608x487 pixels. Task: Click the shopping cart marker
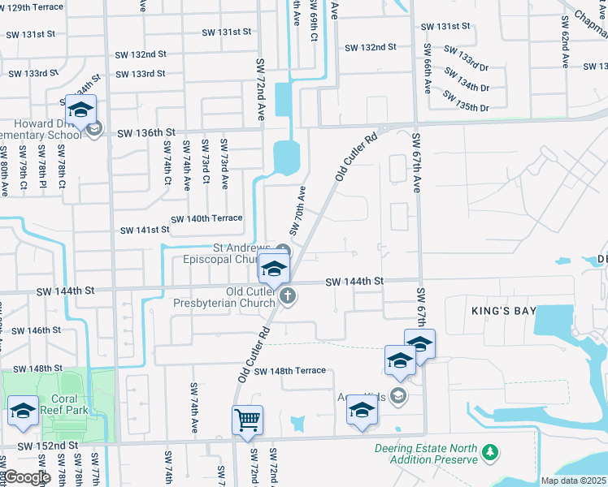[247, 420]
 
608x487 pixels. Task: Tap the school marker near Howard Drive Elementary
[80, 110]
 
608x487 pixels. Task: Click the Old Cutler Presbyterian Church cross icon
[287, 298]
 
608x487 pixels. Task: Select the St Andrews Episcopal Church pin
[282, 249]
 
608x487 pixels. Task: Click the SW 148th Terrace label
[289, 371]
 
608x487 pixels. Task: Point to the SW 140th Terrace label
[206, 218]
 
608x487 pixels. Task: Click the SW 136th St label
[146, 132]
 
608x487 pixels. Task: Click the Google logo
[27, 477]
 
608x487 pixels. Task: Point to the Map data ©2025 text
[574, 481]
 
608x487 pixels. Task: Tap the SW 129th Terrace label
[32, 6]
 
